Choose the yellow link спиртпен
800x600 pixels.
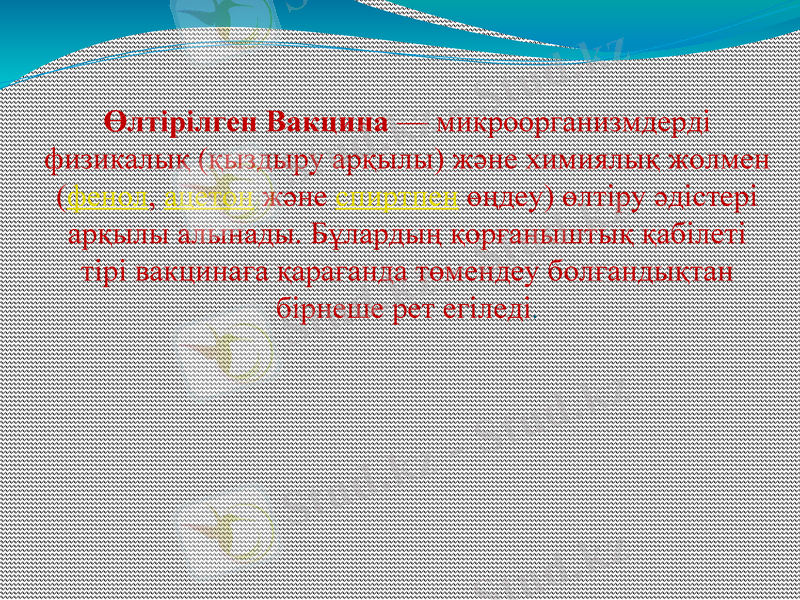pyautogui.click(x=398, y=197)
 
